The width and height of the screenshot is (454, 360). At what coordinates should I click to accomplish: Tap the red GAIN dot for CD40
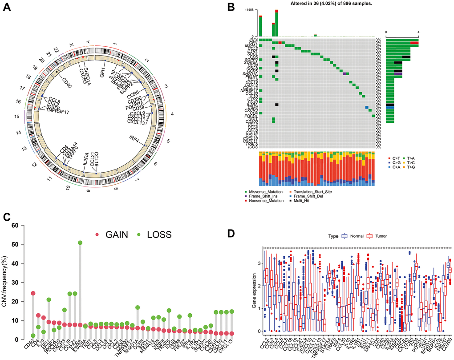[33, 293]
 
